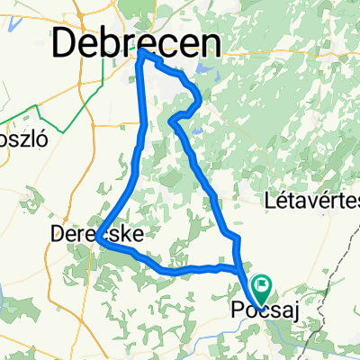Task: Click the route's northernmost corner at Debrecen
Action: click(143, 53)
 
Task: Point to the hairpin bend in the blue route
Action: click(172, 120)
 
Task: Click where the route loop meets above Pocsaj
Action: click(238, 267)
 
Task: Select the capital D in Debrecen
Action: click(67, 41)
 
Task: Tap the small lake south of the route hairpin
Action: click(197, 130)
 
